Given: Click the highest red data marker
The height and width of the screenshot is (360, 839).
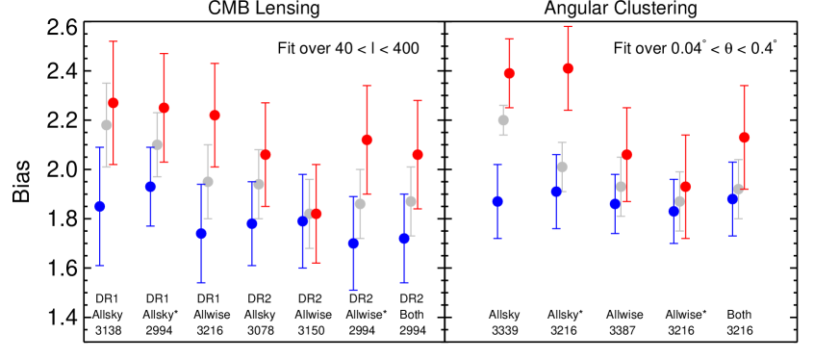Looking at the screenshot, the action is [x=568, y=68].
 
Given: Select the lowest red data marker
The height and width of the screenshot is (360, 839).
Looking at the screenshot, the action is [x=317, y=214].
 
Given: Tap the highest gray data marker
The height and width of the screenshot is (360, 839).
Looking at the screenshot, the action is [x=503, y=120].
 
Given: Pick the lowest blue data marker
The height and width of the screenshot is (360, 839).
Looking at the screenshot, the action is [x=353, y=244].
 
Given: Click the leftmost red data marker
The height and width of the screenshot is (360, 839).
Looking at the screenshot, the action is [x=114, y=103].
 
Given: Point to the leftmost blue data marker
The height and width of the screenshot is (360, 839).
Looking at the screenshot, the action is [x=100, y=206].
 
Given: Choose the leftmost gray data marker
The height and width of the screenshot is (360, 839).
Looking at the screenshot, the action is [x=107, y=125].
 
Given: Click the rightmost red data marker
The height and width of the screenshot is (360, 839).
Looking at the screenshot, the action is [x=744, y=138].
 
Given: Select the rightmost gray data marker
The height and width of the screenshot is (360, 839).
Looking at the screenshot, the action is [x=738, y=190].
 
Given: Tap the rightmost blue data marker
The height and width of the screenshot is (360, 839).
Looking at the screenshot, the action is [x=732, y=199].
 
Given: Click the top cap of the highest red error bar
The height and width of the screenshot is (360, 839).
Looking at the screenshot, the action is [x=568, y=27].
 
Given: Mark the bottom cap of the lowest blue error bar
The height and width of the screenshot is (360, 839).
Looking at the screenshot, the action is [x=353, y=290].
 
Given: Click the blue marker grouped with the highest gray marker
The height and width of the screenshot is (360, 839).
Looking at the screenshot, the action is [x=497, y=201].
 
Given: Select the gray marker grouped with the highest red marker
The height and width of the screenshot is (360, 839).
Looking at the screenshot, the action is [x=562, y=167].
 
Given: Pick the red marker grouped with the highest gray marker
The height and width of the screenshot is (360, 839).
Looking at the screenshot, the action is [x=509, y=73].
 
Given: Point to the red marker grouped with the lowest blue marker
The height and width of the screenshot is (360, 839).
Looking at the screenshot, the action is [x=367, y=140].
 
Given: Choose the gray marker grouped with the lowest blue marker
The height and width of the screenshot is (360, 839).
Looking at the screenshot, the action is [x=360, y=204].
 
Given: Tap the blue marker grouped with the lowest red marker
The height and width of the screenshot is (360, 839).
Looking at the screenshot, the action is [x=303, y=221].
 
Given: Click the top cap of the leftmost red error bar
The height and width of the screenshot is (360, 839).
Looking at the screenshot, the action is [x=114, y=41].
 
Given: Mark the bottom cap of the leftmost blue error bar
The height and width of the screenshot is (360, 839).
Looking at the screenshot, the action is [x=100, y=266].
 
